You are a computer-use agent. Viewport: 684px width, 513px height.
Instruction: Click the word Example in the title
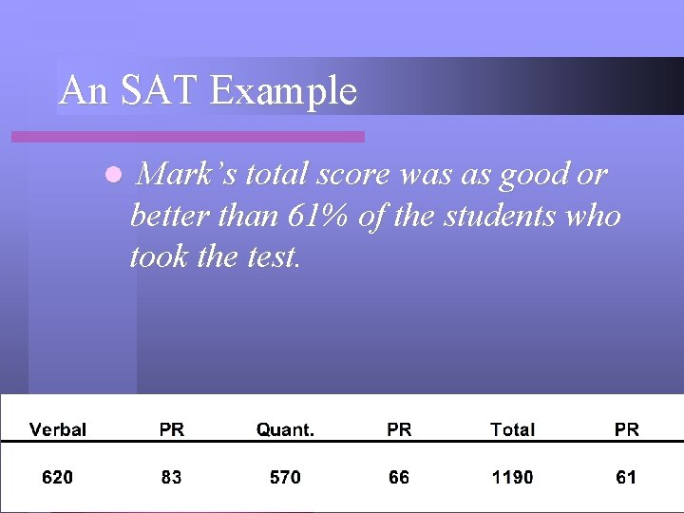(x=283, y=91)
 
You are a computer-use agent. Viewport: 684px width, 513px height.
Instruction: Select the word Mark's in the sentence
(x=189, y=175)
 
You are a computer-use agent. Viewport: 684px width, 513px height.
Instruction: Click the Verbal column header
(x=58, y=429)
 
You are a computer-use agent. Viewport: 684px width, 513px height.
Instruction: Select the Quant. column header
(x=285, y=429)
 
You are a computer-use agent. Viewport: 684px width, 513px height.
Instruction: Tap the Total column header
(x=512, y=429)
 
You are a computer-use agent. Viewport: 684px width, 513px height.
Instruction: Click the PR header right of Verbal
(x=172, y=429)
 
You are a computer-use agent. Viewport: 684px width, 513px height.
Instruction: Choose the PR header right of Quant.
(x=399, y=429)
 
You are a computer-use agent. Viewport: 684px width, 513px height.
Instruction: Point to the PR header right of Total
(x=626, y=429)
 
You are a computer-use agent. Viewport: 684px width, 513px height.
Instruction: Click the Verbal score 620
(x=58, y=477)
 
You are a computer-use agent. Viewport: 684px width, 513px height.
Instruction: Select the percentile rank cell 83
(x=172, y=477)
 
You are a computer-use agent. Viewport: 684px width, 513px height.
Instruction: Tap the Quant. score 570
(x=285, y=477)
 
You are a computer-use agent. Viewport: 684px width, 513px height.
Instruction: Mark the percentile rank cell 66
(x=399, y=477)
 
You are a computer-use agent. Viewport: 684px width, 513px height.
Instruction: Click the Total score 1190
(x=512, y=477)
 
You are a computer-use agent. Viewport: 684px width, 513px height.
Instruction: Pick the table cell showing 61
(x=626, y=477)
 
